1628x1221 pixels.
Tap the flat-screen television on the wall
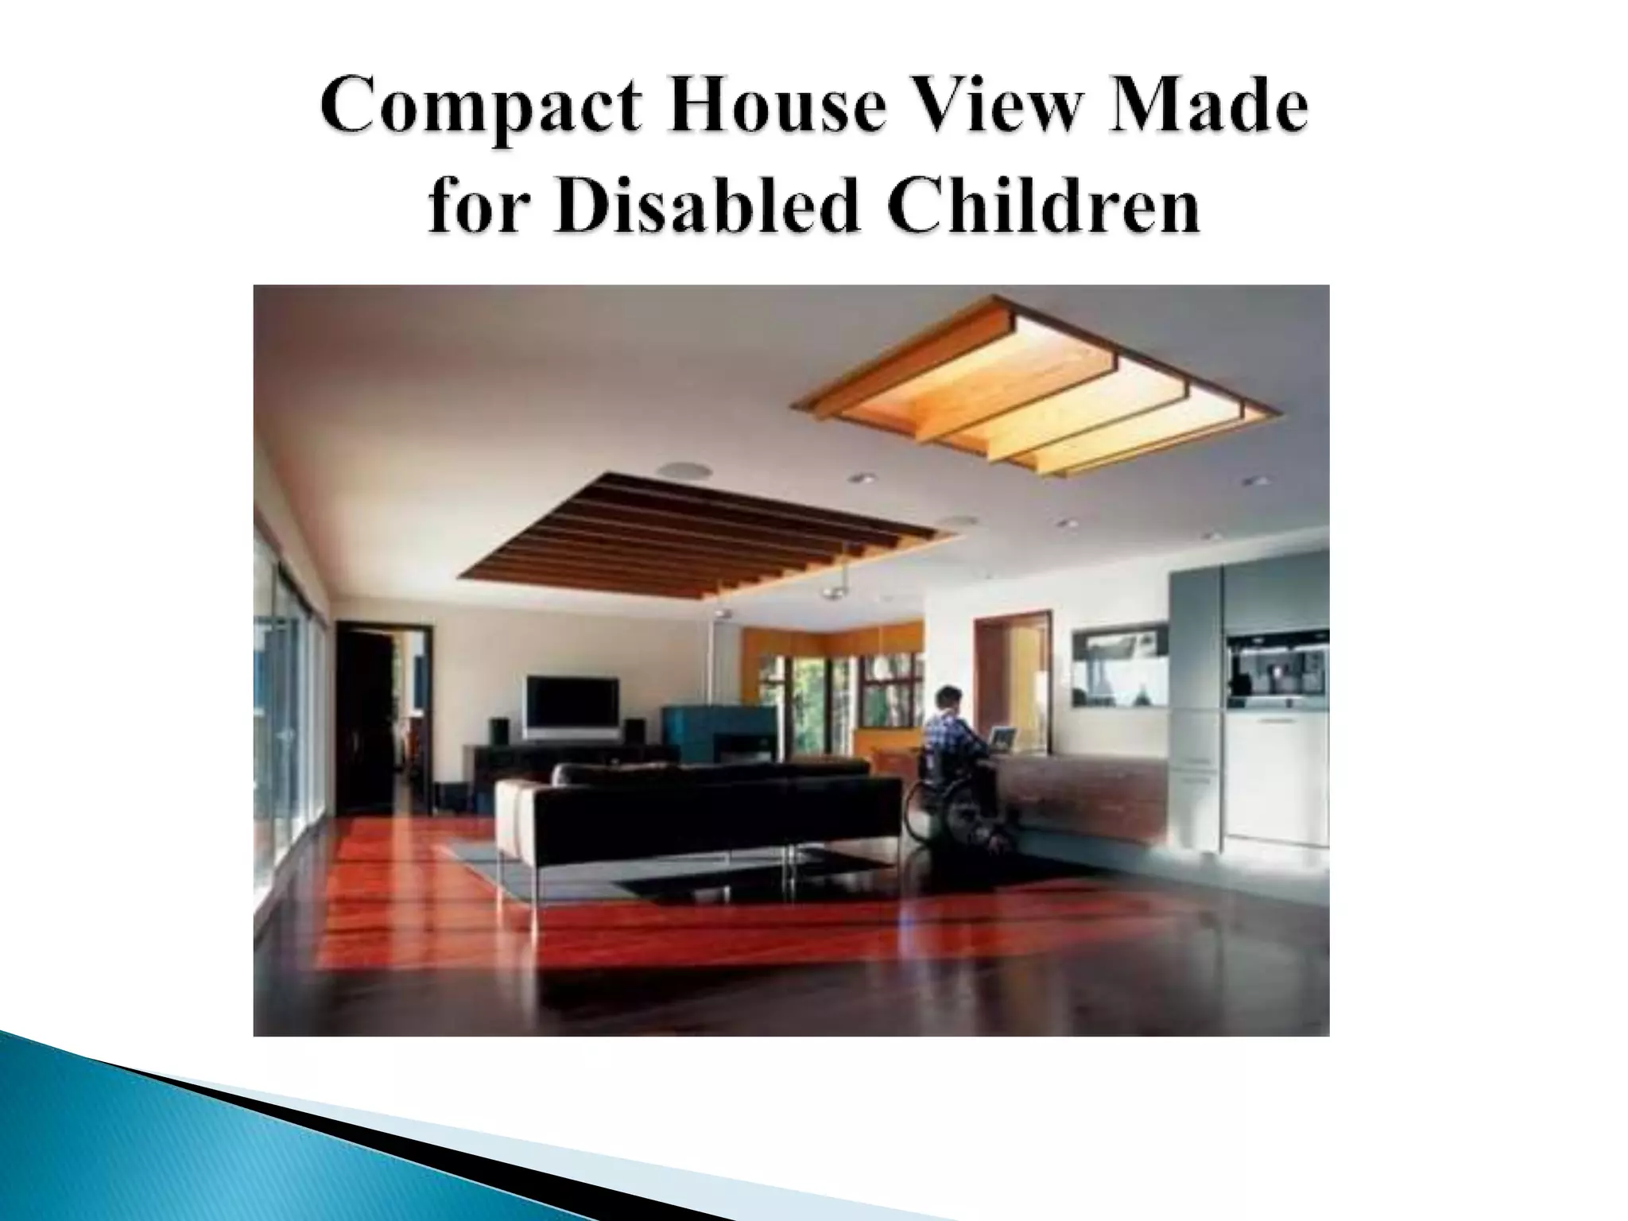tap(572, 706)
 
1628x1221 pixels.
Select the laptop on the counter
tap(1003, 738)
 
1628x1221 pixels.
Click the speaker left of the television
tap(499, 732)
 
